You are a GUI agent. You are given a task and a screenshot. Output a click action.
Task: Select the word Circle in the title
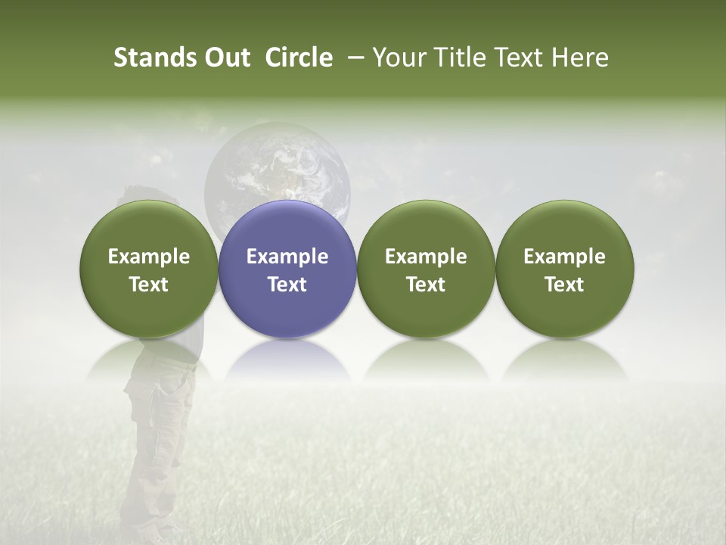pyautogui.click(x=299, y=58)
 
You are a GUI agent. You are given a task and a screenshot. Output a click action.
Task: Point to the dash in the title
pyautogui.click(x=352, y=58)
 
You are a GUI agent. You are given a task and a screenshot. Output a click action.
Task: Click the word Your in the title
pyautogui.click(x=399, y=58)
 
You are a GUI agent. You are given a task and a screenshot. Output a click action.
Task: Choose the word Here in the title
pyautogui.click(x=581, y=58)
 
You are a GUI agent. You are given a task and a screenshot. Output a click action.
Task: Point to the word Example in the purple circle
pyautogui.click(x=287, y=257)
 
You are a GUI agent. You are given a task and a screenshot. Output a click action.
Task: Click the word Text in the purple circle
pyautogui.click(x=287, y=285)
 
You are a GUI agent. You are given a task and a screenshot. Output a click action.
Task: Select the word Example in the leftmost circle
pyautogui.click(x=149, y=257)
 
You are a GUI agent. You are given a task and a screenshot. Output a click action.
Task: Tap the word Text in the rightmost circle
pyautogui.click(x=565, y=285)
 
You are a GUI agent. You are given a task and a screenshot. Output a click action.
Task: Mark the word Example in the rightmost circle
pyautogui.click(x=565, y=257)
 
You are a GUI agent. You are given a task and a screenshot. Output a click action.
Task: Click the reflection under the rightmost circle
pyautogui.click(x=565, y=361)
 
